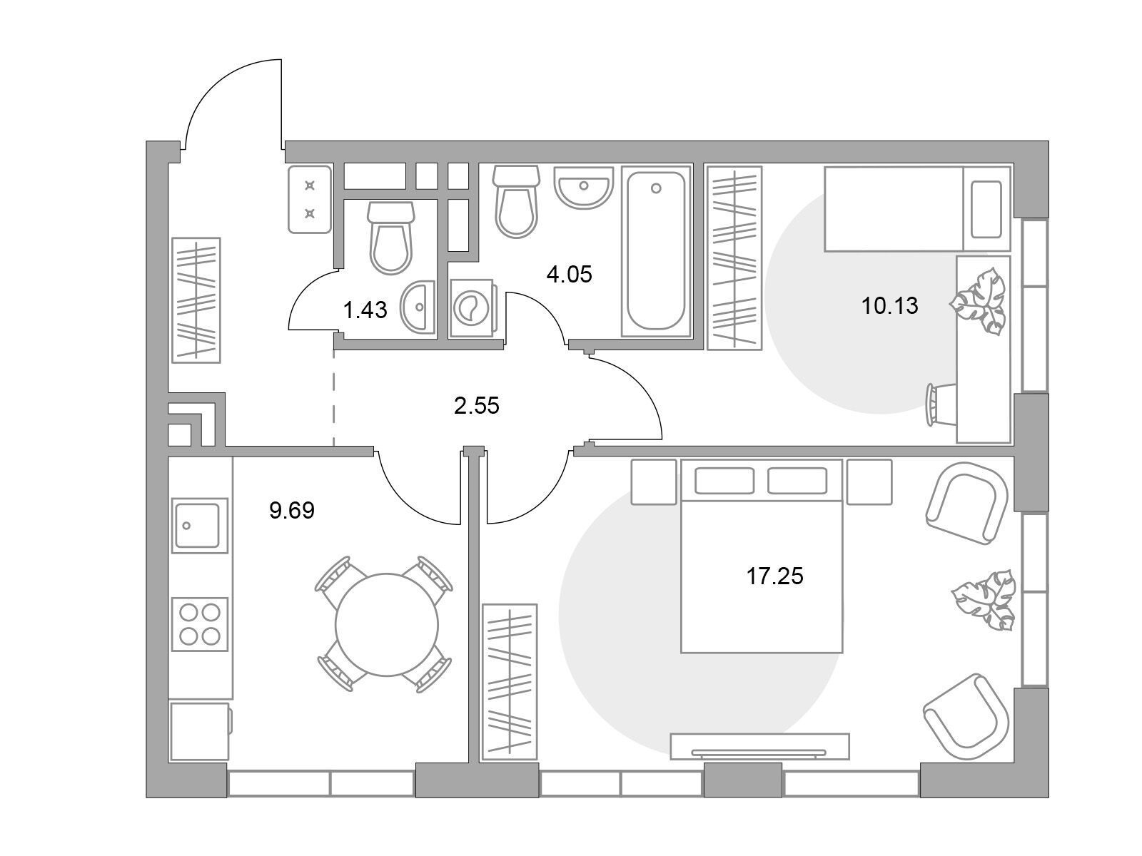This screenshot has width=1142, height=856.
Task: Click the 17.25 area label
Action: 774,576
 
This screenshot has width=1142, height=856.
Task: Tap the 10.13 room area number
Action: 889,306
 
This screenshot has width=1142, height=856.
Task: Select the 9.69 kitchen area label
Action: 292,511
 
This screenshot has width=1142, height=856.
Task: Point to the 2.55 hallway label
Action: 476,406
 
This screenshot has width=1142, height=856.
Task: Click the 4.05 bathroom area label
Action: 569,275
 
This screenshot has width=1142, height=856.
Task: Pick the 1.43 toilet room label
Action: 365,311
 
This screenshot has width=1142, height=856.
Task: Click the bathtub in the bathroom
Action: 655,251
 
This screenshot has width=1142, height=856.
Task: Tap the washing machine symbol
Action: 472,308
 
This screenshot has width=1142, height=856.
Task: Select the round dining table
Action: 387,624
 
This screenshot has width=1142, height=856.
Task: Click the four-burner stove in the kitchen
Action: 199,623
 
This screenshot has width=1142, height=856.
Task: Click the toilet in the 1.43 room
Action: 390,238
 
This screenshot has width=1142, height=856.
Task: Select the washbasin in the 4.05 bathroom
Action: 583,190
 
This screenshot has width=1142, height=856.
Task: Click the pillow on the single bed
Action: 986,210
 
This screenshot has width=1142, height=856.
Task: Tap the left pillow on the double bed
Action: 724,481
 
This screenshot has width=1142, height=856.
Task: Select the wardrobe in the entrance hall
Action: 196,300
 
